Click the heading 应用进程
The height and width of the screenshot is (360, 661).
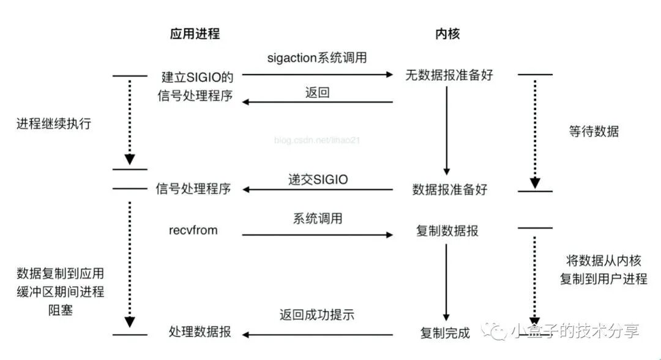click(194, 34)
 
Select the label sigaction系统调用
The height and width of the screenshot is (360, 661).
click(317, 58)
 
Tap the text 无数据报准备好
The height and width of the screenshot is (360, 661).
click(449, 75)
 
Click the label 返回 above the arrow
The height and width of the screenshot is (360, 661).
click(317, 93)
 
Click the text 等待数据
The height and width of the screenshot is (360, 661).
click(593, 131)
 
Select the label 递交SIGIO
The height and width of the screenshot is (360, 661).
click(318, 179)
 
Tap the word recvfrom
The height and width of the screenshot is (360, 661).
click(193, 230)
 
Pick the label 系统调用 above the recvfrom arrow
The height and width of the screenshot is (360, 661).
click(317, 219)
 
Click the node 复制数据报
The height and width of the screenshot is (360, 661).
click(447, 231)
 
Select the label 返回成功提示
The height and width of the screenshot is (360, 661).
click(317, 315)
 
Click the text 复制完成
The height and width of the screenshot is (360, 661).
click(445, 334)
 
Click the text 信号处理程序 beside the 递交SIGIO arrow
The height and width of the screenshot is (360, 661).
click(193, 189)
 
